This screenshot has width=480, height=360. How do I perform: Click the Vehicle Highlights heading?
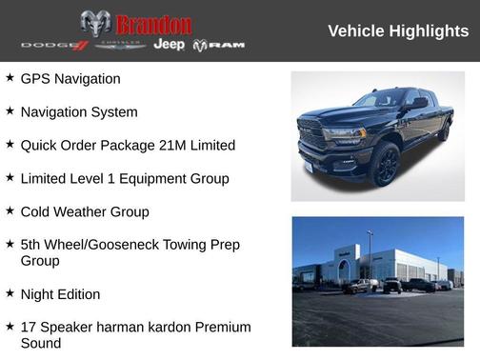point(398,31)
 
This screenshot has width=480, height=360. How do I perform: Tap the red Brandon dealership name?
point(153,24)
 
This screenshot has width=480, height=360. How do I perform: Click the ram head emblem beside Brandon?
point(95,24)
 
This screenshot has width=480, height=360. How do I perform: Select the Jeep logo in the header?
point(170,45)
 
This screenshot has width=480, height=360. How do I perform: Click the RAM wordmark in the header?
point(226,46)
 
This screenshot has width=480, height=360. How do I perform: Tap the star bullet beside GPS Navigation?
point(10,78)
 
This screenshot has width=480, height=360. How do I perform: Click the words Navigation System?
point(79,112)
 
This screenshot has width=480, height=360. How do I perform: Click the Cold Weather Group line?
point(85,211)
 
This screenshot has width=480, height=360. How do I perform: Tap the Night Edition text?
point(60,294)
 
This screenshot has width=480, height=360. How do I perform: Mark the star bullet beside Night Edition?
point(10,293)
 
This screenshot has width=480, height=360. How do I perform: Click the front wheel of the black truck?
point(386,164)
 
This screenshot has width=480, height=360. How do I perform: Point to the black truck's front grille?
point(314,136)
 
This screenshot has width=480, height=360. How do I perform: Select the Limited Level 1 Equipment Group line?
point(125,178)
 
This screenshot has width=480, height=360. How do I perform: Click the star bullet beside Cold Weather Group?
point(10,210)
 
